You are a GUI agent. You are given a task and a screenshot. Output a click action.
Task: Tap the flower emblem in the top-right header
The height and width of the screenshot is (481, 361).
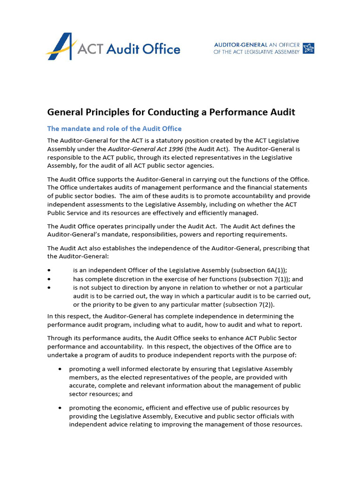309,48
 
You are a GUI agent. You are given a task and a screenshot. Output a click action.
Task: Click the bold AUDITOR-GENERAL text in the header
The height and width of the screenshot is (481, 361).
241,45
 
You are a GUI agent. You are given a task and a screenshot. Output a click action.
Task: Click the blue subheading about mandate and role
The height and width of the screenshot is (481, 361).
114,129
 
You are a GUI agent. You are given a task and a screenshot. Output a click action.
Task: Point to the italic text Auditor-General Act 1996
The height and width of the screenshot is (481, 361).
142,149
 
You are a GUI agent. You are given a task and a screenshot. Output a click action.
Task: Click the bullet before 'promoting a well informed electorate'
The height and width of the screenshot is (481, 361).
60,369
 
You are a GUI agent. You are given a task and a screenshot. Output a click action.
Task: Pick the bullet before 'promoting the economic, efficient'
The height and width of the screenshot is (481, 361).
60,408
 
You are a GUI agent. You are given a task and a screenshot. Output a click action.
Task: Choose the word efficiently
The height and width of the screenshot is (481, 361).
206,213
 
